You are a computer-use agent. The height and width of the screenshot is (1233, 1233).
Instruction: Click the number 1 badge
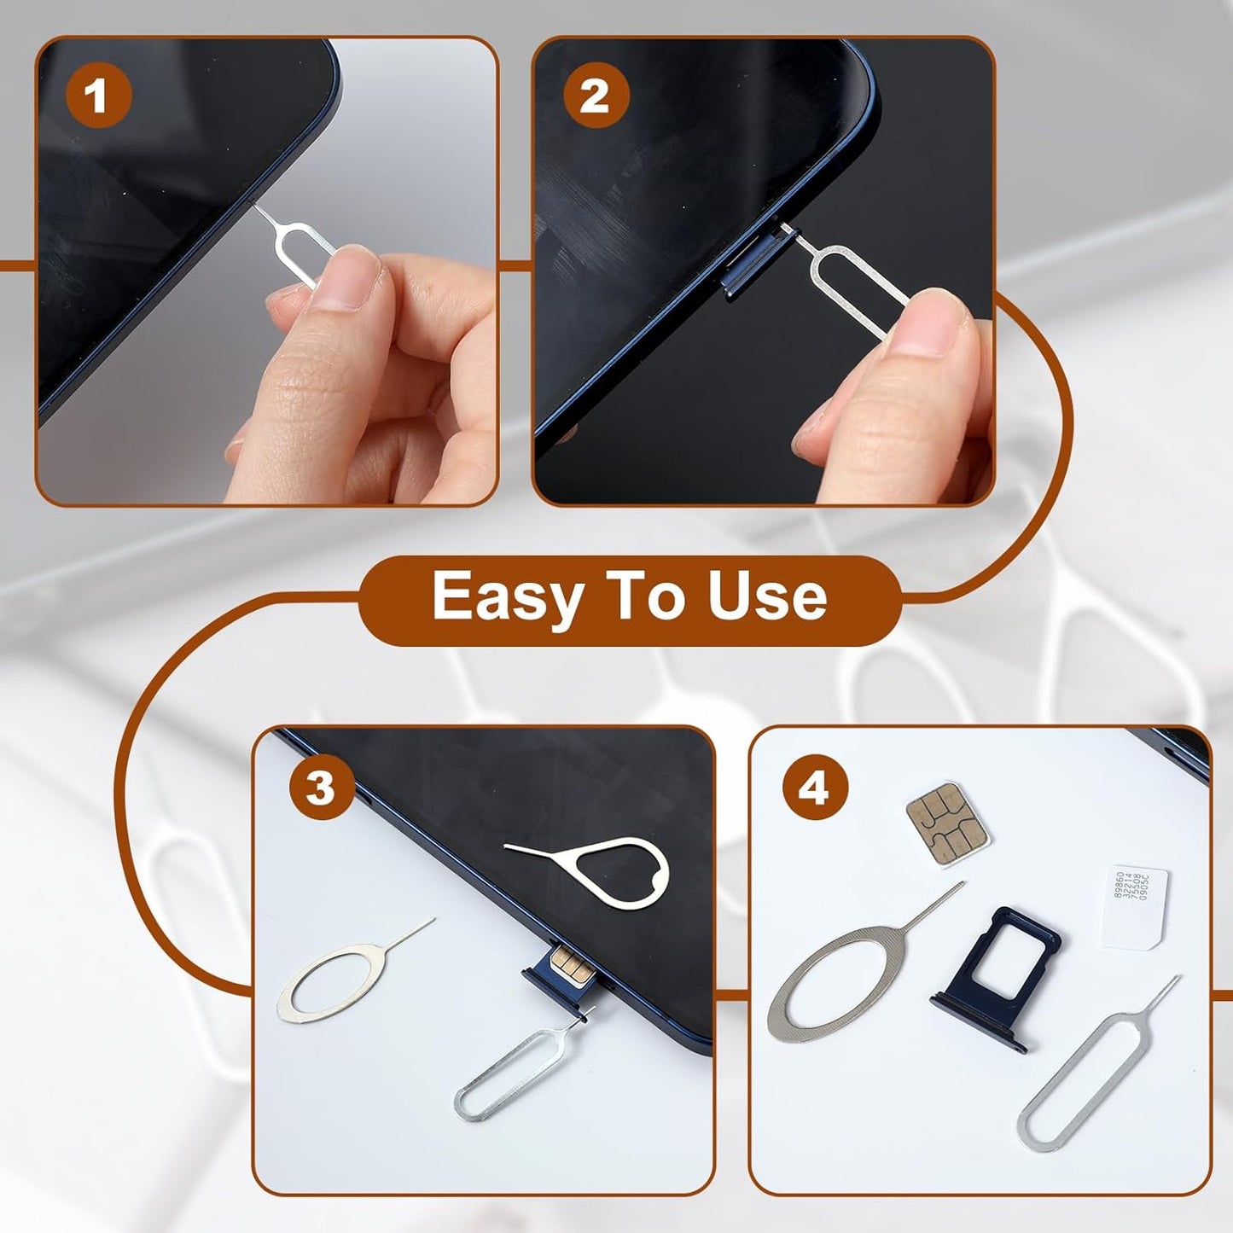(98, 95)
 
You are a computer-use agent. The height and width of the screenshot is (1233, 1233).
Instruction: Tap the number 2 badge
(596, 95)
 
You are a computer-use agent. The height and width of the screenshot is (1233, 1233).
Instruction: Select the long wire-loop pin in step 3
(512, 1071)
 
